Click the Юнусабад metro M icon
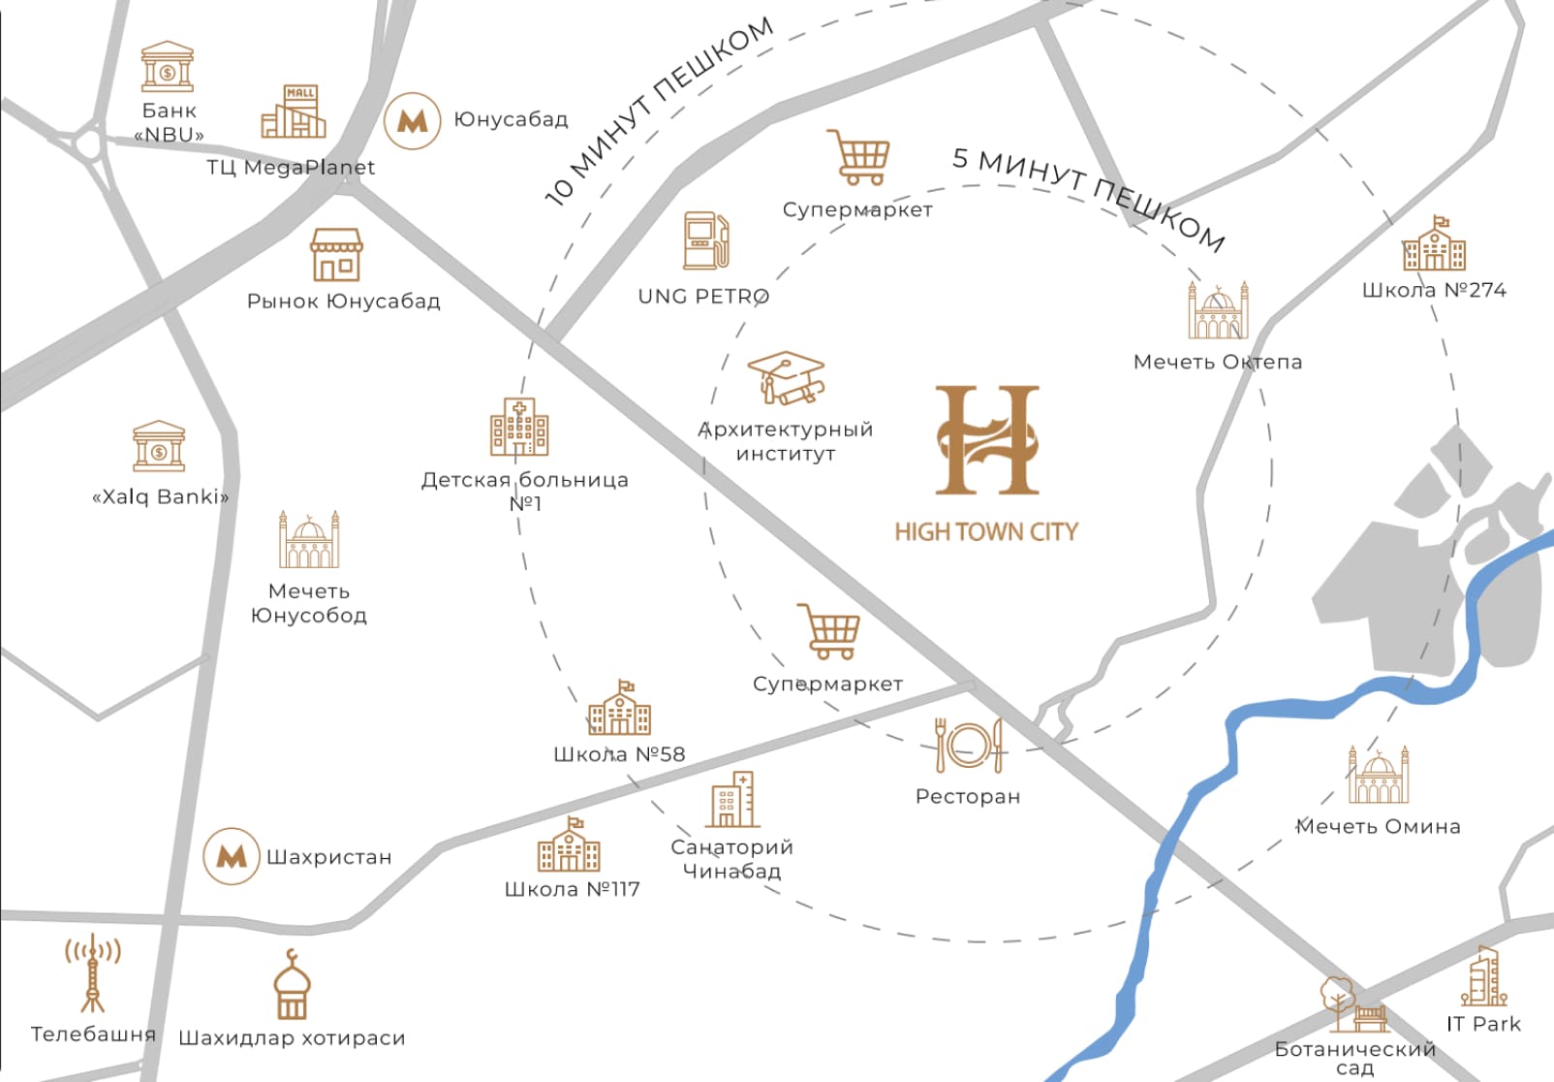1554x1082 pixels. click(413, 121)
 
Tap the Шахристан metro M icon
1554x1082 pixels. click(232, 856)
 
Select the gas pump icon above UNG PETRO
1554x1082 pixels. click(705, 240)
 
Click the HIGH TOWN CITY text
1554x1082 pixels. click(985, 531)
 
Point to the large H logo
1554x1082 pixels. click(987, 440)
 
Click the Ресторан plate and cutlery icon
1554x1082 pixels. click(968, 746)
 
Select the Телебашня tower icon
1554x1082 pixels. click(92, 973)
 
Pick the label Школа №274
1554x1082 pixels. click(1434, 290)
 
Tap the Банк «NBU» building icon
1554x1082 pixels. click(168, 66)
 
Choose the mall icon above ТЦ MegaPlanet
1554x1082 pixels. click(294, 111)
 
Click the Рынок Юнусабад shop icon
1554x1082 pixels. click(336, 255)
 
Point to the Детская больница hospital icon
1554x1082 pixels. click(519, 427)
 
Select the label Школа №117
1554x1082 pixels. click(572, 889)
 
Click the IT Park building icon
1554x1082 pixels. click(1483, 976)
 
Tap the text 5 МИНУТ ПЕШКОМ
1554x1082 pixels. click(1089, 198)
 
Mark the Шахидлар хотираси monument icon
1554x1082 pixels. click(292, 986)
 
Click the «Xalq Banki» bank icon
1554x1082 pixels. click(159, 447)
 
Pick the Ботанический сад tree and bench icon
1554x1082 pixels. click(1352, 1006)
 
